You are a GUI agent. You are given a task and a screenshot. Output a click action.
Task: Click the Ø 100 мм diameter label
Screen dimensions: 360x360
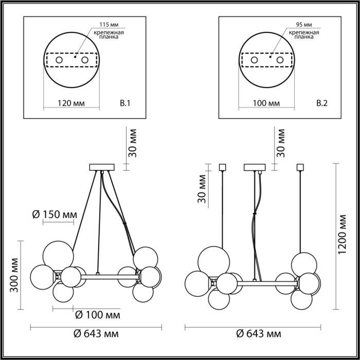pos(98,314)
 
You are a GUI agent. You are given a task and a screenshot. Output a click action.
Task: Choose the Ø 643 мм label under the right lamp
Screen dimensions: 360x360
pos(260,334)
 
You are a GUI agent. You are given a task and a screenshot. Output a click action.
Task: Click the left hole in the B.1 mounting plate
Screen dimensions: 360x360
pos(60,61)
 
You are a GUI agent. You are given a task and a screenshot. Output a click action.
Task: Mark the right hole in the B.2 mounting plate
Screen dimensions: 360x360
pos(280,61)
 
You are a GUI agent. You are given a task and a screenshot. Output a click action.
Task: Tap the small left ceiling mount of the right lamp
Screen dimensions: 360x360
pos(223,167)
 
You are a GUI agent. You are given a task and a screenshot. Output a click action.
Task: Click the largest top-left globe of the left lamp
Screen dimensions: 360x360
pos(57,254)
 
